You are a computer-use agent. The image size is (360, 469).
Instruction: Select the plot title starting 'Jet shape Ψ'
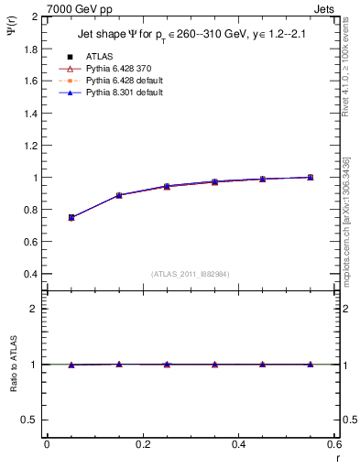tap(191, 37)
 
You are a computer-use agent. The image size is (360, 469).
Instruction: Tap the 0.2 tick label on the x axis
tap(143, 444)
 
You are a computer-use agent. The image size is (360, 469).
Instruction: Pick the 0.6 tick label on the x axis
tap(334, 444)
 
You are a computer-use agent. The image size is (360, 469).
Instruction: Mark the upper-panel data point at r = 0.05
tap(71, 218)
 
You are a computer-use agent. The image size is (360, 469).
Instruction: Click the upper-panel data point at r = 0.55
tap(311, 177)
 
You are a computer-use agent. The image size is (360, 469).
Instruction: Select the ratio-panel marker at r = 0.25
tap(167, 365)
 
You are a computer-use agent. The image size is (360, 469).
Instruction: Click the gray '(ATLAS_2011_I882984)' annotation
tap(191, 273)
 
